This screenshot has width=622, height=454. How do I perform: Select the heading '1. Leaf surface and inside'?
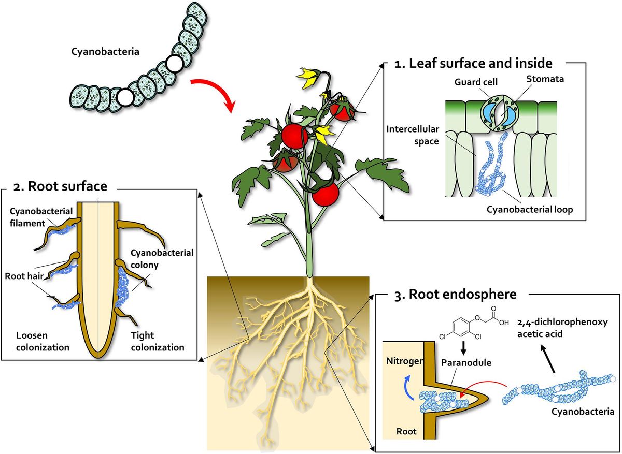[x=480, y=64]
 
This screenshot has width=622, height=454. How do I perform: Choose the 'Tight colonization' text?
[x=158, y=342]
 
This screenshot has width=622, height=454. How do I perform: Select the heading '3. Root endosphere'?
[x=456, y=295]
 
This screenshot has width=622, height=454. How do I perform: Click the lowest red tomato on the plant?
[x=325, y=194]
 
